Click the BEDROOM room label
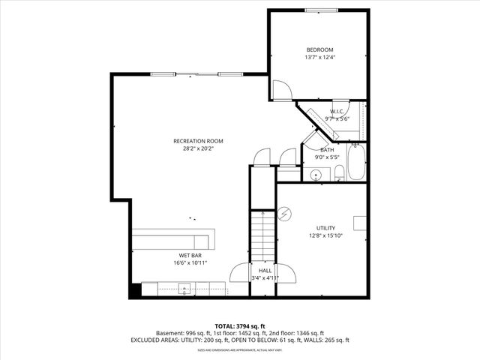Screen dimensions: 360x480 click(x=319, y=49)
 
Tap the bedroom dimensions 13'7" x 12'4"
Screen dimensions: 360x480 click(x=319, y=58)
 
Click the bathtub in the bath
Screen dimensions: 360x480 click(x=355, y=163)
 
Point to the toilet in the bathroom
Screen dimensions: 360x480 click(x=339, y=175)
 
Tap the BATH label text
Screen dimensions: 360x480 click(x=327, y=149)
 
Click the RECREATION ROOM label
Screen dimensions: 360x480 click(x=198, y=141)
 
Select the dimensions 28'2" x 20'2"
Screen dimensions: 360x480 click(x=198, y=148)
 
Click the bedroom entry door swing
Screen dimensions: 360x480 click(x=280, y=91)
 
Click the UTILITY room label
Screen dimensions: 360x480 click(x=325, y=228)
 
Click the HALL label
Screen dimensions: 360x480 click(x=265, y=270)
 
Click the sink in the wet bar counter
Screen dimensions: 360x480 click(x=184, y=289)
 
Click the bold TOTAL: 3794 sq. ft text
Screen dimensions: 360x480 click(x=239, y=325)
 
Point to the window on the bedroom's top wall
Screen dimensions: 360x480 click(x=319, y=10)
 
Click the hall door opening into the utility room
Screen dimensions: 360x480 click(x=283, y=271)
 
